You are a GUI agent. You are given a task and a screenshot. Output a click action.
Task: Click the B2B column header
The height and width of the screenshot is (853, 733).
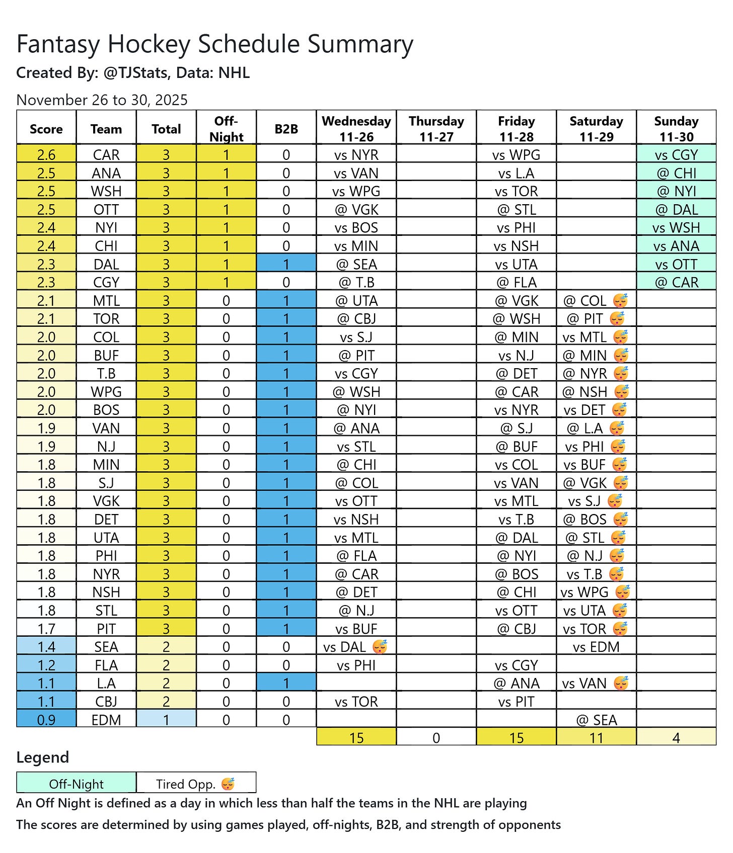[x=286, y=129]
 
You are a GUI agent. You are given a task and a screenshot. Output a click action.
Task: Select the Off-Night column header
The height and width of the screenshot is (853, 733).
[x=226, y=129]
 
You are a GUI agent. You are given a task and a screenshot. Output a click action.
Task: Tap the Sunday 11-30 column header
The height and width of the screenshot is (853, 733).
[x=676, y=129]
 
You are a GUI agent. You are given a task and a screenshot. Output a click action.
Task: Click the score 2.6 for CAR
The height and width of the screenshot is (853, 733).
[x=46, y=154]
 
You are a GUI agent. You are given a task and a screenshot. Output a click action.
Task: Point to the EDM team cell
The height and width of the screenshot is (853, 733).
[x=106, y=719]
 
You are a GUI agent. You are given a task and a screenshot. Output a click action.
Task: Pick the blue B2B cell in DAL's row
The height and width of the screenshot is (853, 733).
[x=286, y=264]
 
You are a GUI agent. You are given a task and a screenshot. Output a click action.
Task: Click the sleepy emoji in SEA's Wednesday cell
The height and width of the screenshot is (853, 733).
[x=380, y=646]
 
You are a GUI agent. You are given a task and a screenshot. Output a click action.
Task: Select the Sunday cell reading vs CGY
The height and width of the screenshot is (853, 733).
[x=676, y=154]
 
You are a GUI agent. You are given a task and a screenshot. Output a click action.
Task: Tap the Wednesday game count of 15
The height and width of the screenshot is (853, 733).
[x=356, y=737]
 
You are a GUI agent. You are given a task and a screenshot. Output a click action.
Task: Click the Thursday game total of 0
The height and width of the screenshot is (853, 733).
[x=436, y=737]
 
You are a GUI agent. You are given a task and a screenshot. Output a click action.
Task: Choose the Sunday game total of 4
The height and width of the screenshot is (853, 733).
[x=676, y=737]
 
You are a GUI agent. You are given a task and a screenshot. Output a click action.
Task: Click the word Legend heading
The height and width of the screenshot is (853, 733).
[x=42, y=757]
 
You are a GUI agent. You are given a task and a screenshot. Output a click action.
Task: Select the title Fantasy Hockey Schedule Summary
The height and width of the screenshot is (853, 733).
[x=214, y=44]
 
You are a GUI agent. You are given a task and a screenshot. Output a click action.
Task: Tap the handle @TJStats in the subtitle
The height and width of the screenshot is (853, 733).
[x=135, y=73]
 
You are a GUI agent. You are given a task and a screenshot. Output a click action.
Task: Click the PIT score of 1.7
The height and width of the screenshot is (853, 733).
[x=46, y=628]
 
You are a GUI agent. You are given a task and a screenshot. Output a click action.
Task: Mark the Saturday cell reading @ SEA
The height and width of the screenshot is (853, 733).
[x=597, y=719]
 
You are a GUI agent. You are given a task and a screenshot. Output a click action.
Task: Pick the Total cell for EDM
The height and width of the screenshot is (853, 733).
[x=166, y=719]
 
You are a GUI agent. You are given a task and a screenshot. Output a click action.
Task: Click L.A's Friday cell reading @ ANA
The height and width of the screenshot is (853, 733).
[x=517, y=683]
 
